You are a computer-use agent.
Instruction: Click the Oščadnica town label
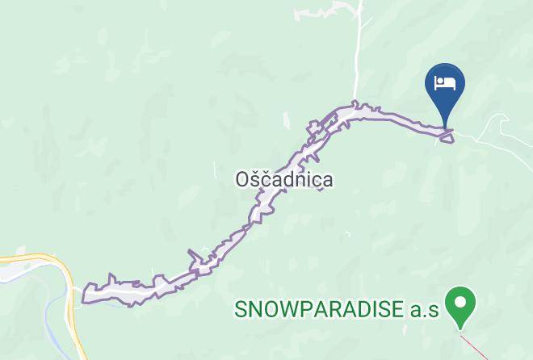283,179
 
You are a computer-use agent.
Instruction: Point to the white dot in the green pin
462,303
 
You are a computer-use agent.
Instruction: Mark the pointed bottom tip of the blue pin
445,126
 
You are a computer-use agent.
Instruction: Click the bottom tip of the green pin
462,329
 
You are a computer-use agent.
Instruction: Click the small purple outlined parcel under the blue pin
446,136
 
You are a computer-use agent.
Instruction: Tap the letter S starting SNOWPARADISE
241,309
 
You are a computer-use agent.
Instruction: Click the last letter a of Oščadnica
326,181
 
